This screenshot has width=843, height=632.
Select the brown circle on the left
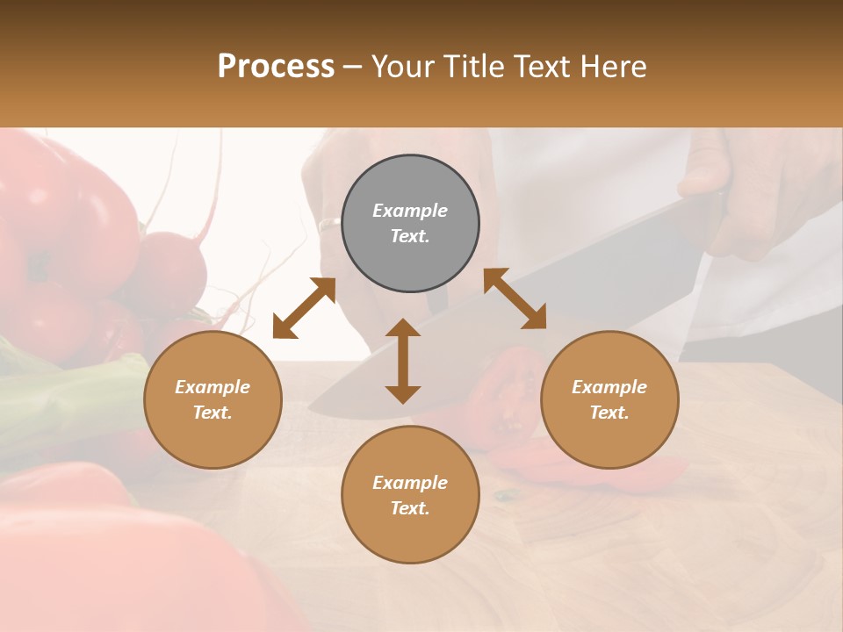tap(213, 399)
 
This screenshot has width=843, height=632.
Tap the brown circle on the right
tap(609, 399)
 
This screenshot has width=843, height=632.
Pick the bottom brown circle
tap(410, 494)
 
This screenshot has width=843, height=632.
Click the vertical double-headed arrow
tap(402, 361)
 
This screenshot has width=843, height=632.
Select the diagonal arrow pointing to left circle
tap(304, 308)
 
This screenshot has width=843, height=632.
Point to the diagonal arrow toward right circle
tap(515, 298)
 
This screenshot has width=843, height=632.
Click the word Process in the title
tap(276, 67)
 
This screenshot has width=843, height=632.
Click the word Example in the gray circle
tap(410, 211)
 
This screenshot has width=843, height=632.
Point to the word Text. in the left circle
tap(213, 413)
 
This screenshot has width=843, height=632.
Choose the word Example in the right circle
tap(609, 387)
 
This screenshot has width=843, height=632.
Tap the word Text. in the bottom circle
tap(410, 508)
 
